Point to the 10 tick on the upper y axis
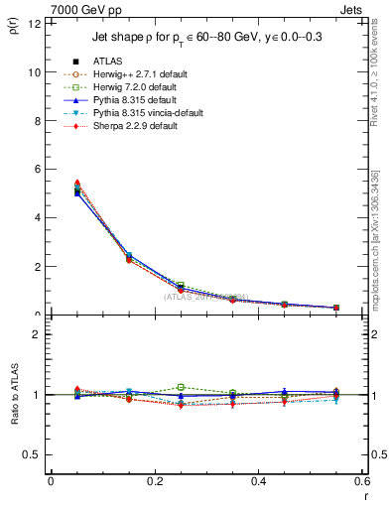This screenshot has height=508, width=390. click(36, 72)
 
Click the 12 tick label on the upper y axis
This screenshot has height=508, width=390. click(36, 24)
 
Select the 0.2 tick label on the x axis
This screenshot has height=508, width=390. click(154, 480)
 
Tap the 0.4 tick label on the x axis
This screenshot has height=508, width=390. click(258, 480)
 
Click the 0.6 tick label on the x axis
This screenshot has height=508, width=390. click(361, 480)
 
